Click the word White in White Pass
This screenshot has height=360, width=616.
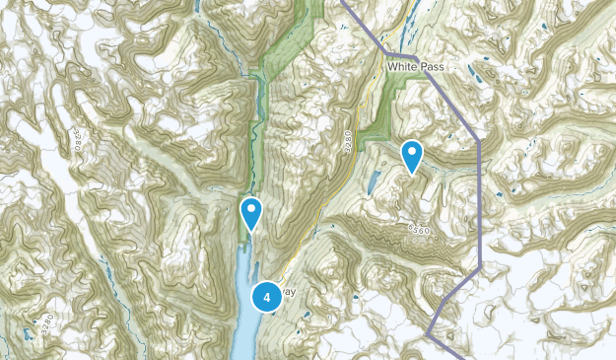pyautogui.click(x=401, y=66)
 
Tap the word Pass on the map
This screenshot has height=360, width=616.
pyautogui.click(x=431, y=66)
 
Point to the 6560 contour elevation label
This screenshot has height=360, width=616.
pyautogui.click(x=420, y=229)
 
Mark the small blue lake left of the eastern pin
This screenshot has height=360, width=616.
pyautogui.click(x=374, y=181)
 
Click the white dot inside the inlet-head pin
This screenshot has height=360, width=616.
pyautogui.click(x=252, y=208)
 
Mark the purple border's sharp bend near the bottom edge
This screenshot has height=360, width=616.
pyautogui.click(x=430, y=334)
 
